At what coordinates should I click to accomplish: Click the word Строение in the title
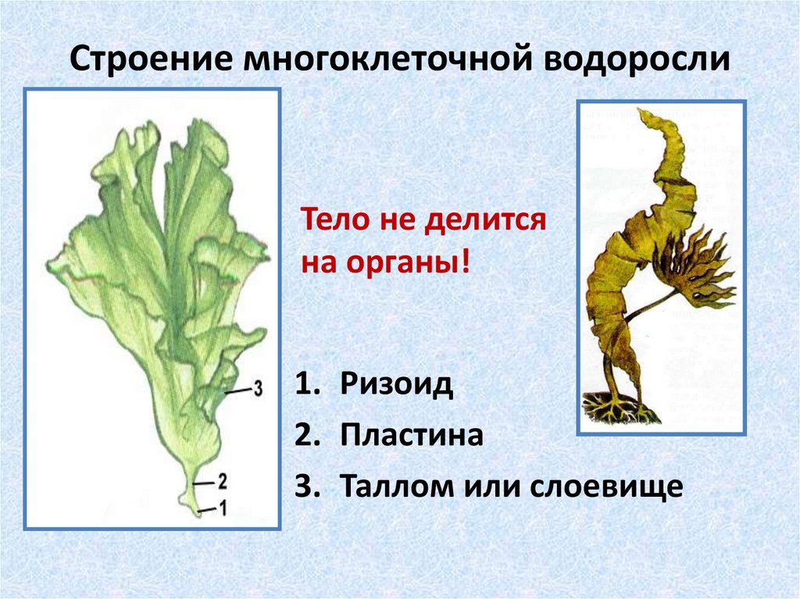pos(153,60)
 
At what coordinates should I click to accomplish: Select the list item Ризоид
pos(397,385)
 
